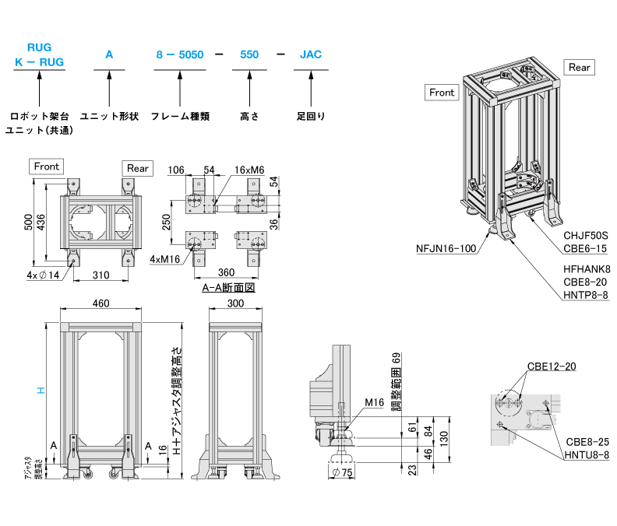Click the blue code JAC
point(310,55)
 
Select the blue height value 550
point(249,55)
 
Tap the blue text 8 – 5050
point(179,55)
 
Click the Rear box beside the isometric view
point(580,68)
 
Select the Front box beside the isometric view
point(442,93)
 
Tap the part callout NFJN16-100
point(445,249)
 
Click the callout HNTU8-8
point(587,455)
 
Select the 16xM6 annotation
point(249,170)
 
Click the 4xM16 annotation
point(167,258)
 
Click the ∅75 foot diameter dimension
point(341,474)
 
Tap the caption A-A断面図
point(229,287)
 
